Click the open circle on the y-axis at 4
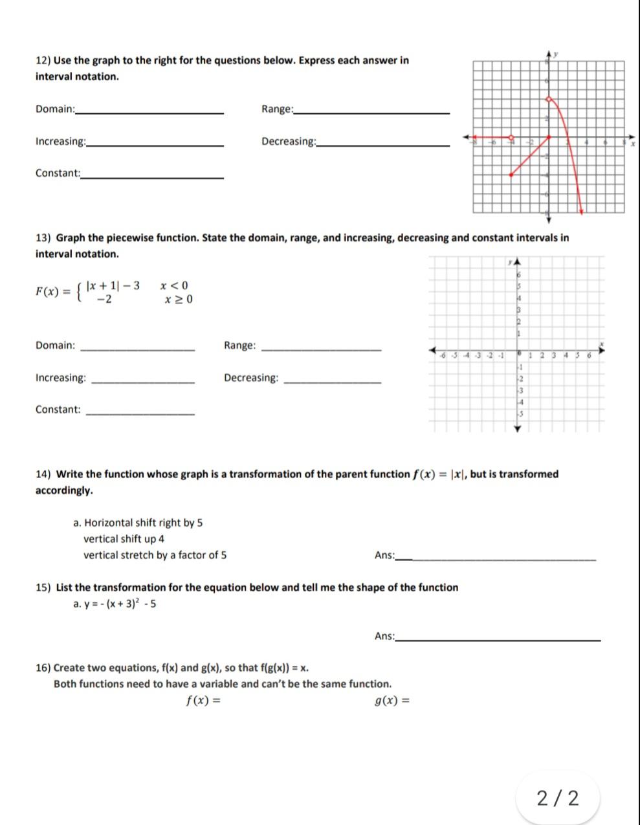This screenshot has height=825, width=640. pyautogui.click(x=549, y=99)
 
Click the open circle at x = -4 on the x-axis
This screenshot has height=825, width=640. pyautogui.click(x=511, y=137)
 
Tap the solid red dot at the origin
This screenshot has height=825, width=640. pyautogui.click(x=549, y=137)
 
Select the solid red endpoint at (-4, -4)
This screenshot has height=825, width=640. pyautogui.click(x=511, y=175)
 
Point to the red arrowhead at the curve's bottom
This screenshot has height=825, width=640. pyautogui.click(x=582, y=210)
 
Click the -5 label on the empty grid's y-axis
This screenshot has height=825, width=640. pyautogui.click(x=519, y=413)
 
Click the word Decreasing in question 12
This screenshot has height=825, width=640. pyautogui.click(x=287, y=141)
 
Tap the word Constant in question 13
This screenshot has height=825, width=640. pyautogui.click(x=58, y=410)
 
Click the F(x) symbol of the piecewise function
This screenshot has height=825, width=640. pyautogui.click(x=48, y=291)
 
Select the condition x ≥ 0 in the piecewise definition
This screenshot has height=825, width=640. pyautogui.click(x=178, y=300)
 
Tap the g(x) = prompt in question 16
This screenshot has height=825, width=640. pyautogui.click(x=392, y=700)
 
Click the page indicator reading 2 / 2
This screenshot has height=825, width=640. pyautogui.click(x=558, y=798)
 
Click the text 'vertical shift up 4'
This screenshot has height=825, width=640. pyautogui.click(x=124, y=539)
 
